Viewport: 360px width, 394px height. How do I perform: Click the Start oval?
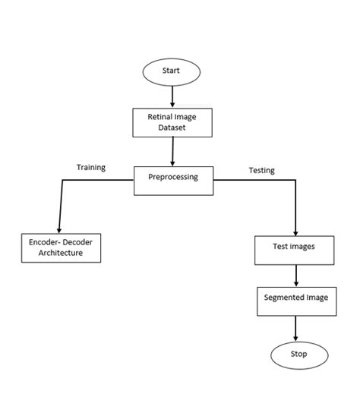(172, 71)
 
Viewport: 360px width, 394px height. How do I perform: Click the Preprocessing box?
(173, 179)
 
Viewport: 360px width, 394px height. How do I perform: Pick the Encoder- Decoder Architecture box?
(61, 247)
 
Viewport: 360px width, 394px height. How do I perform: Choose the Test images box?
(293, 247)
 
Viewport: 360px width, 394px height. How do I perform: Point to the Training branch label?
(90, 167)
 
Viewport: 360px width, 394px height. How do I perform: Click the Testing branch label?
(261, 170)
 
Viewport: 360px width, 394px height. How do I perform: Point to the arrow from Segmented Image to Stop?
(295, 328)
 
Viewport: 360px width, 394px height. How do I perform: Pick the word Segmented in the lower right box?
(283, 298)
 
